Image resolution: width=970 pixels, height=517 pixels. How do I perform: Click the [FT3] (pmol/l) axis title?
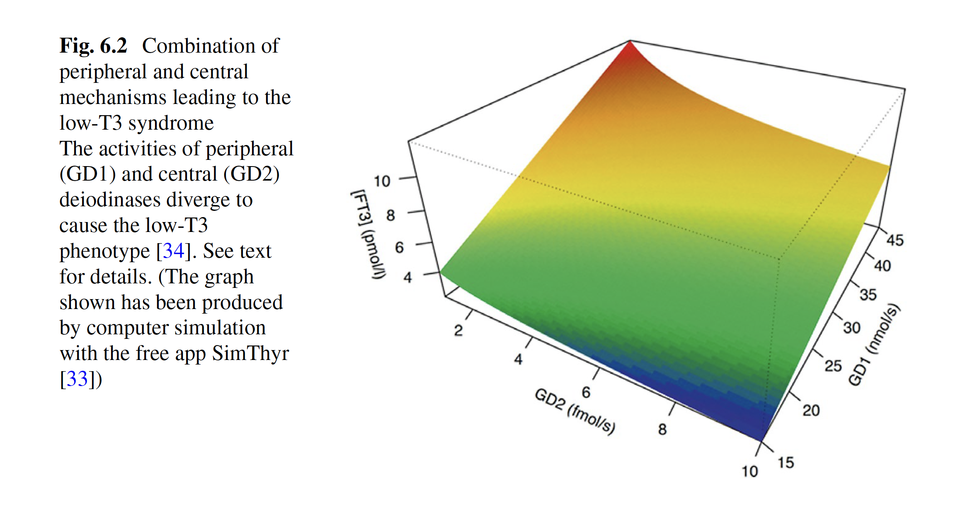coord(369,234)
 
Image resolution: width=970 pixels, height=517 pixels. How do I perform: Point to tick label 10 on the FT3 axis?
coord(382,181)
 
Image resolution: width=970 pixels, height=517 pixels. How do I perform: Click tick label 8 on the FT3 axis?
coord(390,215)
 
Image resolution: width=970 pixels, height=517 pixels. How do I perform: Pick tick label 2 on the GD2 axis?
coord(458,331)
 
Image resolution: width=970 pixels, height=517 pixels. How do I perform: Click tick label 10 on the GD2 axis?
coord(749,471)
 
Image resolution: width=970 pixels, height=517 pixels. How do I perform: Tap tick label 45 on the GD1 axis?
coord(895,240)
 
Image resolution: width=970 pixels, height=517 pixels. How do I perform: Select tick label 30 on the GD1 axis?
coord(852,328)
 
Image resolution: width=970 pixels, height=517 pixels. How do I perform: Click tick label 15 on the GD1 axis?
coord(786,462)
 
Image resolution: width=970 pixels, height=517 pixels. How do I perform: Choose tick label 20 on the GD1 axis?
coord(811,410)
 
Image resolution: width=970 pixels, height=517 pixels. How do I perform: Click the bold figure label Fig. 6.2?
coord(93,46)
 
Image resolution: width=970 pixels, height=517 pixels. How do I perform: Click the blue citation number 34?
coord(173,251)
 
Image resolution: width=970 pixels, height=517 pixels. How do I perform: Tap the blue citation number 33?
coord(78,379)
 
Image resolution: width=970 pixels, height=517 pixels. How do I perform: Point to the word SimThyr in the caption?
coord(250,353)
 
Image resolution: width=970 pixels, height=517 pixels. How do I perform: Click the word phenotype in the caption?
coord(104,251)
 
